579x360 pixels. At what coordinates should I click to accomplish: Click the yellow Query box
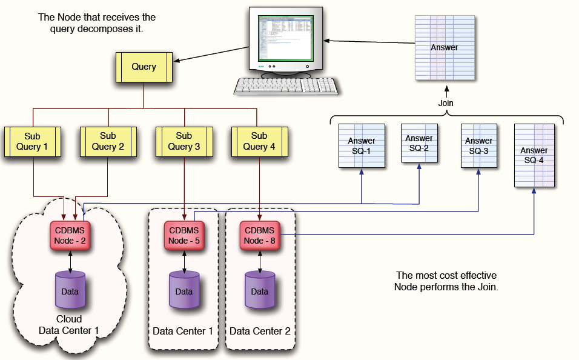click(x=144, y=67)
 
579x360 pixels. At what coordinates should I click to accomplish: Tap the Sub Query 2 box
click(x=108, y=141)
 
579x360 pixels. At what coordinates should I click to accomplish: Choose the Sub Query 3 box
click(x=184, y=141)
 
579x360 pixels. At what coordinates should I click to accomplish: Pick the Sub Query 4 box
click(x=259, y=141)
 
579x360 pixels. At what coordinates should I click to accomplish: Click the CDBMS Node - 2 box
click(x=70, y=235)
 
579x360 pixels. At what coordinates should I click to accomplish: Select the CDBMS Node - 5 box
click(x=184, y=235)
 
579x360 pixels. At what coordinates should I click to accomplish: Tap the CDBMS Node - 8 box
click(x=259, y=235)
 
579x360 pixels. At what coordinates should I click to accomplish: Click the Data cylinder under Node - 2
click(x=70, y=290)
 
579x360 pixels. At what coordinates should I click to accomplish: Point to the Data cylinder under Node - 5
click(x=184, y=290)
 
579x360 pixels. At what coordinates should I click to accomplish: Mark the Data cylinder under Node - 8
click(x=259, y=290)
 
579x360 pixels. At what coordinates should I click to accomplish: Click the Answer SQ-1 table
click(x=362, y=146)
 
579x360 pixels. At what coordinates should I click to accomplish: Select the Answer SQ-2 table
click(x=419, y=143)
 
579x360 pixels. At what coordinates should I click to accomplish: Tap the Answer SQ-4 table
click(x=534, y=155)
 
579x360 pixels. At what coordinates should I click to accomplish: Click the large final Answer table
click(x=444, y=48)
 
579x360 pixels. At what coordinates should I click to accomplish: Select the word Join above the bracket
click(x=446, y=103)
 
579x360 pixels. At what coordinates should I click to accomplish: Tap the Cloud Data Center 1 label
click(x=69, y=325)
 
